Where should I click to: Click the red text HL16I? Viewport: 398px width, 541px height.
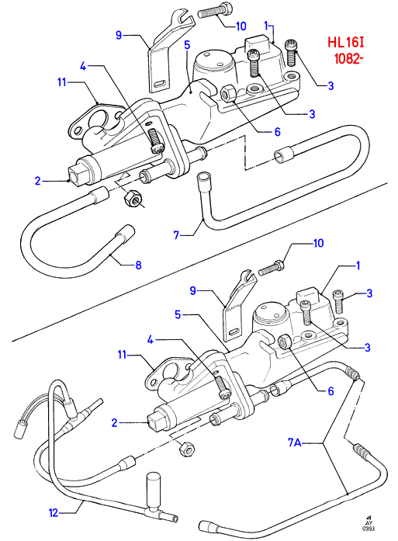point(346,43)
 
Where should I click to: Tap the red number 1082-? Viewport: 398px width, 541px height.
point(348,58)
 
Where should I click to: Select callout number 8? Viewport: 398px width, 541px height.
point(138,265)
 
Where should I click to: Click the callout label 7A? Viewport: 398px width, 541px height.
point(294,442)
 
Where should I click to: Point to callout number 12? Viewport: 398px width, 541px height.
point(53,513)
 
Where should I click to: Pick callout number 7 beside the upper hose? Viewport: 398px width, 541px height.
point(177,235)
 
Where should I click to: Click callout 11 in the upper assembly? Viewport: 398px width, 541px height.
point(62,82)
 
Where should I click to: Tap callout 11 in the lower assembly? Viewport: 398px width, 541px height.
point(123,355)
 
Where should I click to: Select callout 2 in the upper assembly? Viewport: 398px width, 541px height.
point(37,180)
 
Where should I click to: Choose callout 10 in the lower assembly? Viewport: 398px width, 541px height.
point(318,243)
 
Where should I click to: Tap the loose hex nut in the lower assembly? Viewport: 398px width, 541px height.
point(186,449)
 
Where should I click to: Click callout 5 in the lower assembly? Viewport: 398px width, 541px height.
point(178,314)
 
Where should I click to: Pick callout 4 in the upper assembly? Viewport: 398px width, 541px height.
point(83,65)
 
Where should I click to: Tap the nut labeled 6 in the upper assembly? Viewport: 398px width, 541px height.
point(228,93)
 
